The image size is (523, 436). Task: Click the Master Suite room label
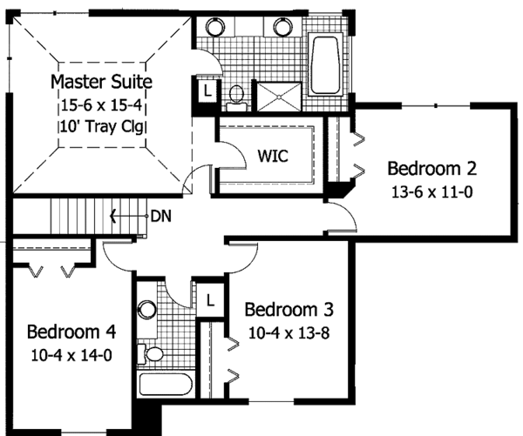[x=101, y=82]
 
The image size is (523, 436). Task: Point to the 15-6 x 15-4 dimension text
[x=101, y=105]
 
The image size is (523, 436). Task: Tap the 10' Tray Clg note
[x=102, y=127]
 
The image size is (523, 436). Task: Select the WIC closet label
[x=273, y=156]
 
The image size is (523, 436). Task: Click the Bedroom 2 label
[x=432, y=169]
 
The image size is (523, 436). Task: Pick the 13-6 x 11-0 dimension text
[x=432, y=192]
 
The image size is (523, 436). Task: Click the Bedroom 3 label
[x=289, y=310]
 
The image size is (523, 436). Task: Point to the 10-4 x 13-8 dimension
[x=289, y=333]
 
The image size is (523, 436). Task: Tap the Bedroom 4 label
[x=71, y=332]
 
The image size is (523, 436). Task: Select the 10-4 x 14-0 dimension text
[x=71, y=355]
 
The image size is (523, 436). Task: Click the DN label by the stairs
[x=161, y=217]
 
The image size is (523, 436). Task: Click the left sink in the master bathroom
[x=215, y=27]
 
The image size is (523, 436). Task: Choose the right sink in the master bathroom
[x=283, y=27]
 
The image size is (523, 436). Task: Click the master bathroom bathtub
[x=325, y=64]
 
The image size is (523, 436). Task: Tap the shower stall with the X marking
[x=279, y=97]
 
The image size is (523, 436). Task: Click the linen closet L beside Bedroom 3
[x=210, y=300]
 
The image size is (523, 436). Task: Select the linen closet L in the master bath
[x=207, y=91]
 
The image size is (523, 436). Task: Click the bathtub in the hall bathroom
[x=166, y=384]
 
